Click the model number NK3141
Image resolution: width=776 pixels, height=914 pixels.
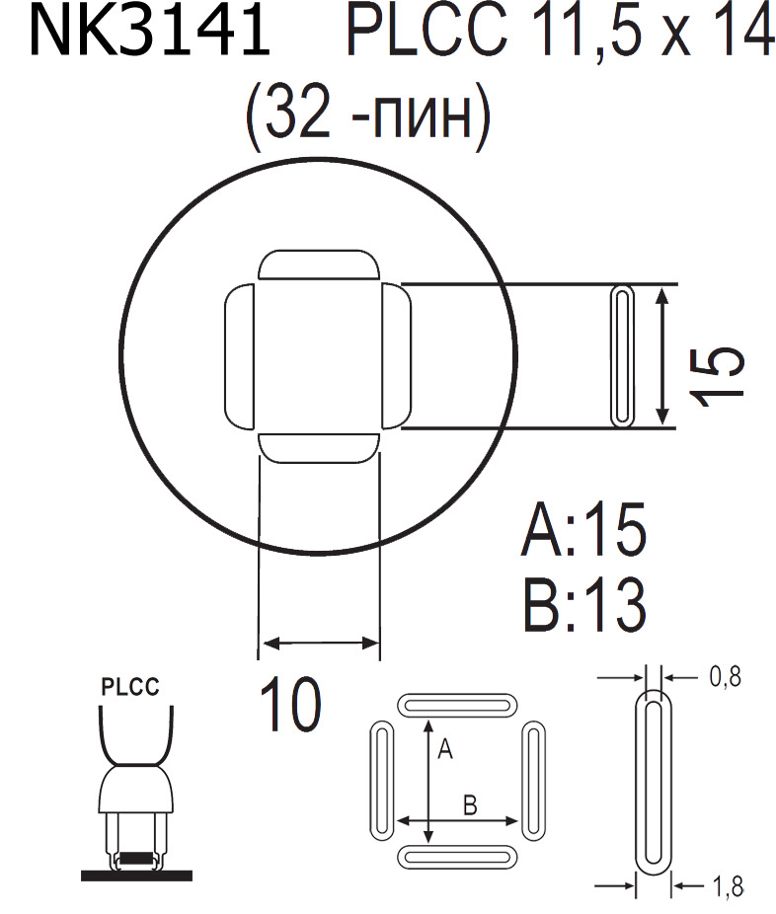click(x=149, y=33)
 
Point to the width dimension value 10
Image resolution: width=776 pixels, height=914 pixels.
click(x=290, y=704)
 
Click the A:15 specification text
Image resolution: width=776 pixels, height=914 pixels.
click(x=583, y=530)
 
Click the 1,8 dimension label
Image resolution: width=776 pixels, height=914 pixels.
click(x=726, y=887)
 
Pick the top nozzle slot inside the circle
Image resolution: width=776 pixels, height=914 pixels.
click(x=319, y=267)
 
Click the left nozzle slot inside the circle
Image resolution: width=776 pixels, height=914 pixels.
click(x=238, y=355)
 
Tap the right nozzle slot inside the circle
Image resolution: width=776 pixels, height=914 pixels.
click(x=396, y=355)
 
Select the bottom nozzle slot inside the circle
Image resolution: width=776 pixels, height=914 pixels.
click(x=319, y=447)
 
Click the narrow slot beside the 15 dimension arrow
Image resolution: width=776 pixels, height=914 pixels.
click(x=623, y=356)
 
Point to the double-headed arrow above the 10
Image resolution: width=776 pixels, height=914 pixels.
click(x=319, y=644)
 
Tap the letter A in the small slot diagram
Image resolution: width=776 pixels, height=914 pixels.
click(x=444, y=751)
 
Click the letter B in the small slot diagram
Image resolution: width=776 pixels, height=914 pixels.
click(x=471, y=804)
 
